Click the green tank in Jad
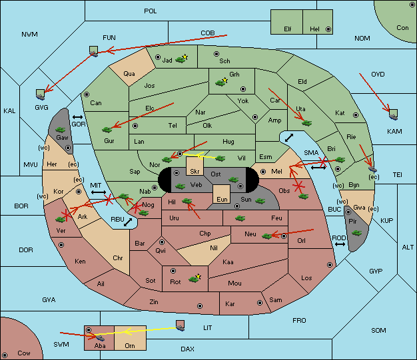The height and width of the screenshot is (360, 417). [x=180, y=60]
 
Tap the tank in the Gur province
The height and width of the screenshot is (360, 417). [x=107, y=130]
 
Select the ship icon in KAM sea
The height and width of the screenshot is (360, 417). [x=393, y=114]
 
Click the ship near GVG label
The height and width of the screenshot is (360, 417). [x=41, y=94]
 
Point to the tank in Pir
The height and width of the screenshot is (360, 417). [x=356, y=233]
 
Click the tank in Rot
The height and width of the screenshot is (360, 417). [x=194, y=279]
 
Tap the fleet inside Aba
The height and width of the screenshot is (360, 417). [x=100, y=337]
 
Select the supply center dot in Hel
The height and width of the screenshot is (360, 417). [x=328, y=29]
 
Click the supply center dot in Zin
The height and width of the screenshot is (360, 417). [x=200, y=306]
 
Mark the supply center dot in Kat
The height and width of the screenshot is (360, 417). [x=356, y=115]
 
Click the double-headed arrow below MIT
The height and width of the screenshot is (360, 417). [x=99, y=192]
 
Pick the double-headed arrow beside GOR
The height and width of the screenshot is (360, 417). [x=77, y=117]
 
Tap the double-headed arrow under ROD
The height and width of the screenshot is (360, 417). [x=340, y=244]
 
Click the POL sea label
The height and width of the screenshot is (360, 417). [x=151, y=11]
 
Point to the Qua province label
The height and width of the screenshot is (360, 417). [x=129, y=74]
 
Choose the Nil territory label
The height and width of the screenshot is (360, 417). [x=214, y=248]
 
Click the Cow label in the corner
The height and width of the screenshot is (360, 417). [x=24, y=353]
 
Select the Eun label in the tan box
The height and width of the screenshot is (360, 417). [x=222, y=199]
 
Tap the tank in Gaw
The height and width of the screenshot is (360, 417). [x=60, y=130]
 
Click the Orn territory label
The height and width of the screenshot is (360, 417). [x=130, y=345]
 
